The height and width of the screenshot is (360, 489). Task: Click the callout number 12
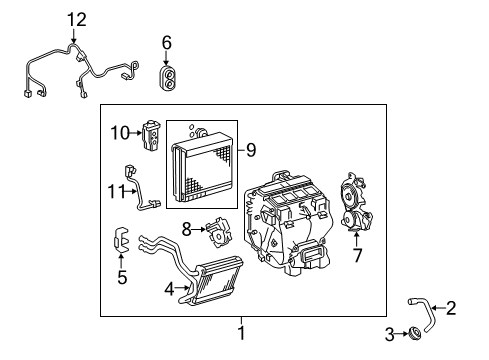(x=76, y=20)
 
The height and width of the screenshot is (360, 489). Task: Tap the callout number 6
(x=167, y=42)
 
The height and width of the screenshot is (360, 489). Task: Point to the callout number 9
(x=250, y=151)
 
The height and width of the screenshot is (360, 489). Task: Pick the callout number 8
(x=185, y=228)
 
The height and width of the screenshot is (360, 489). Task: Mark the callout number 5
(x=121, y=277)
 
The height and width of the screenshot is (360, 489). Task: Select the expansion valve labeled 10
(x=151, y=133)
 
